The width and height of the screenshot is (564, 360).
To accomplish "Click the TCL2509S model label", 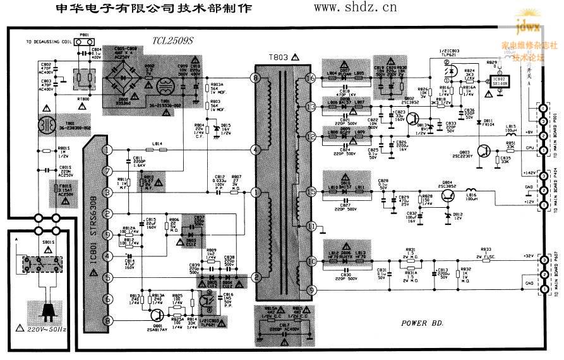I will click(172, 40).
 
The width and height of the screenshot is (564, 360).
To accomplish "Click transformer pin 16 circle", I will click(310, 78).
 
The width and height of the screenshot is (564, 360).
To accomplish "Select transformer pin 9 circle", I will click(310, 290).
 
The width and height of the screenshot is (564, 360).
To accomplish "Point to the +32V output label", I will click(528, 256).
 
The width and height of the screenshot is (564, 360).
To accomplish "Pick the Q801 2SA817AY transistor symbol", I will click(156, 315).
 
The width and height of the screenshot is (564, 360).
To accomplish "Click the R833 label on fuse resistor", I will click(486, 249).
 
